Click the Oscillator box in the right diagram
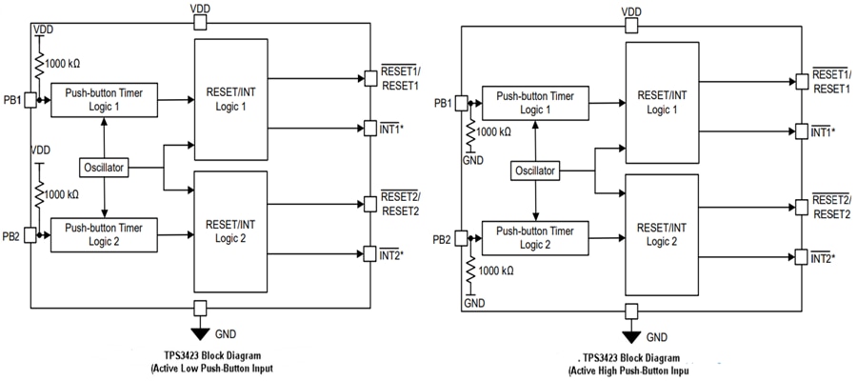tap(536, 170)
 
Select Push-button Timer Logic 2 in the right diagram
tap(536, 235)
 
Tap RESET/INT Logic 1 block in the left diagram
tap(231, 99)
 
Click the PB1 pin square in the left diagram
tap(30, 99)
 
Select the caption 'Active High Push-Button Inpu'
tap(629, 370)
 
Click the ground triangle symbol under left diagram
tap(198, 332)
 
